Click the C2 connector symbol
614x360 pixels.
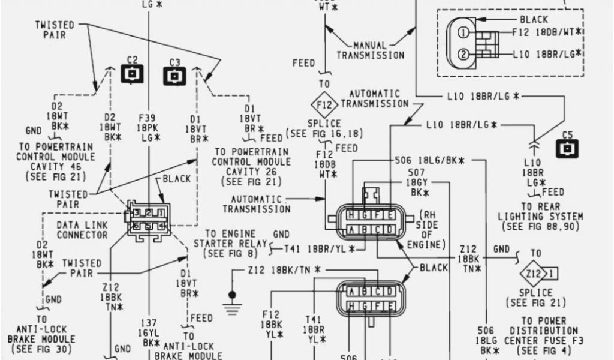pos(133,73)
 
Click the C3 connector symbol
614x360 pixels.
pos(174,76)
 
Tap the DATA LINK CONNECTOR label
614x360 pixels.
pos(82,230)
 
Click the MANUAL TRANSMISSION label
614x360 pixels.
pos(370,50)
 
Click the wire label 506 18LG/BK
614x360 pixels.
pos(431,161)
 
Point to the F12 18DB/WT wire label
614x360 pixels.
pos(547,32)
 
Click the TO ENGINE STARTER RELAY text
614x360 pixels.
pos(230,243)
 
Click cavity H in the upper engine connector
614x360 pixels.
pos(348,215)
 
